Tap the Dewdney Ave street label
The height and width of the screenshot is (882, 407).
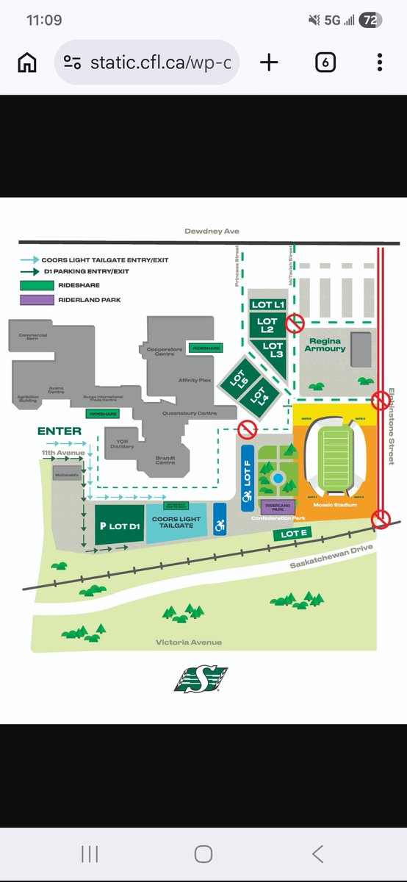point(211,232)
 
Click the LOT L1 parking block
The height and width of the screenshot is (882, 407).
point(267,304)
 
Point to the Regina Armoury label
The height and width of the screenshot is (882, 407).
point(327,345)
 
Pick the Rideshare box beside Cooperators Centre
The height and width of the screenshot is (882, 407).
point(206,348)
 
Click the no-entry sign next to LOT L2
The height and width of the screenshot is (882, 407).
point(295,322)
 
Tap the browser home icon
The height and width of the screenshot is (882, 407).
point(27,62)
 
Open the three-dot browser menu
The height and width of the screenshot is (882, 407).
point(379,62)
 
